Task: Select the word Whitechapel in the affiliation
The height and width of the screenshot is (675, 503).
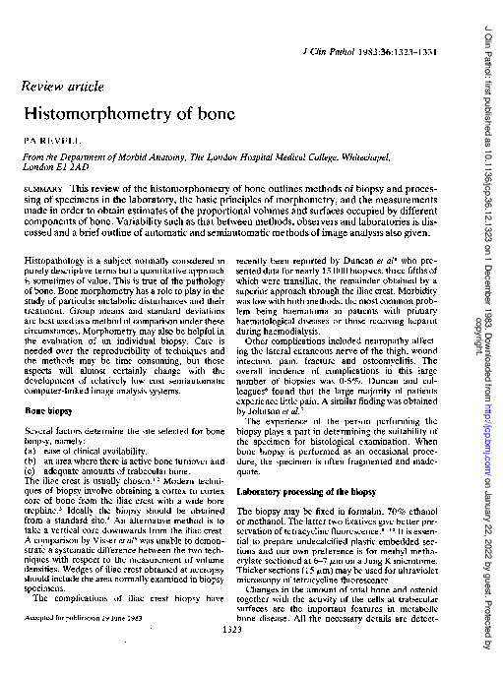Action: (403, 155)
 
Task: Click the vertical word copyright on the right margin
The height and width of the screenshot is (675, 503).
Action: (479, 304)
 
